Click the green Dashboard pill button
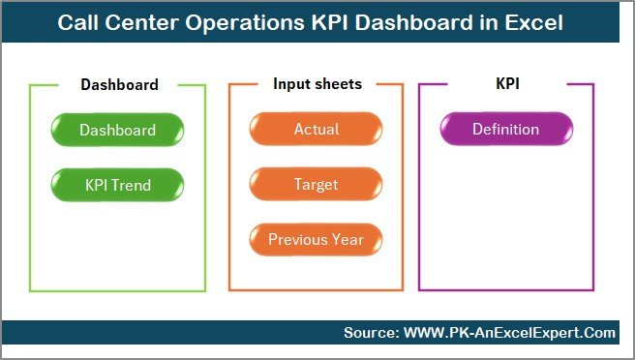(117, 130)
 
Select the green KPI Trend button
(117, 184)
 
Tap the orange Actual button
(317, 130)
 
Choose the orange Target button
(317, 184)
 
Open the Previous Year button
(317, 239)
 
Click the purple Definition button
(505, 130)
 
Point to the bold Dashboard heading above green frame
(119, 84)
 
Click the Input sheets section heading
(317, 84)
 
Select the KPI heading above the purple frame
(506, 84)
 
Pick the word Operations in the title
(242, 22)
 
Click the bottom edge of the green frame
(117, 290)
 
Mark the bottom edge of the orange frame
(317, 290)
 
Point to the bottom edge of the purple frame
(505, 290)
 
